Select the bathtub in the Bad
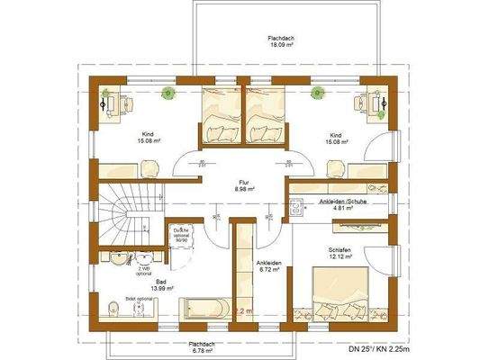(x=206, y=309)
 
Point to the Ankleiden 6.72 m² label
(x=268, y=265)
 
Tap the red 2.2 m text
(x=241, y=310)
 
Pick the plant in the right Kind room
(x=317, y=92)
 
